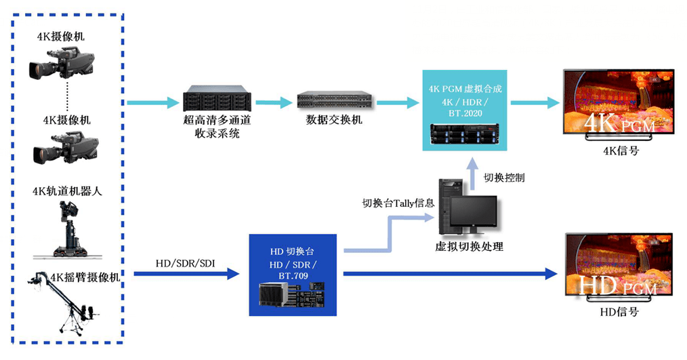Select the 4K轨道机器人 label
tap(67, 191)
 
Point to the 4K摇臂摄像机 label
tap(85, 277)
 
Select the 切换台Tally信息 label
tap(398, 202)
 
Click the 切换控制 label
tap(503, 178)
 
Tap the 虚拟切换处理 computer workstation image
tap(468, 206)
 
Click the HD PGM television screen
tap(619, 266)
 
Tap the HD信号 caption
tap(619, 312)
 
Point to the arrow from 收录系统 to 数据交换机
tap(273, 103)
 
